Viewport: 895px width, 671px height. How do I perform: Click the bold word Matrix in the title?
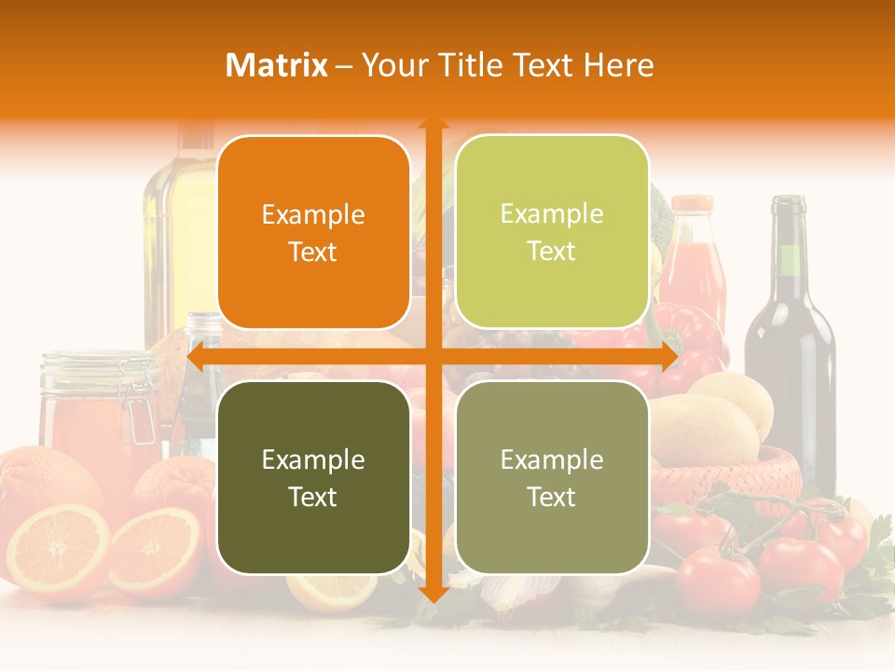[277, 65]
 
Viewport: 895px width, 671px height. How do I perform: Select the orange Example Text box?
[313, 232]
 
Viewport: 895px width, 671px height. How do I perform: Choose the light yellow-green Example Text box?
[552, 232]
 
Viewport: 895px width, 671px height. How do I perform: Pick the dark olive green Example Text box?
[313, 477]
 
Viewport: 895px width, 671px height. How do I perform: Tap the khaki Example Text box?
[552, 477]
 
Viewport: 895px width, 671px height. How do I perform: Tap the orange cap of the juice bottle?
[692, 204]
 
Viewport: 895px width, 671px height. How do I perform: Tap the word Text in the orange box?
[313, 252]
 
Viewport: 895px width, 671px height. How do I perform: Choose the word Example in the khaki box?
[552, 459]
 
